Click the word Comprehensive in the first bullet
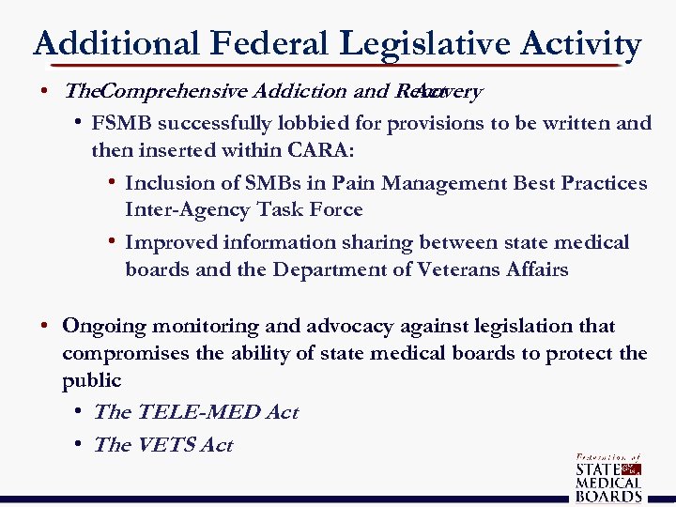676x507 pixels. coord(173,92)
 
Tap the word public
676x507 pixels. coord(91,380)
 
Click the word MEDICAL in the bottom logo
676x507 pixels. coord(608,482)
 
